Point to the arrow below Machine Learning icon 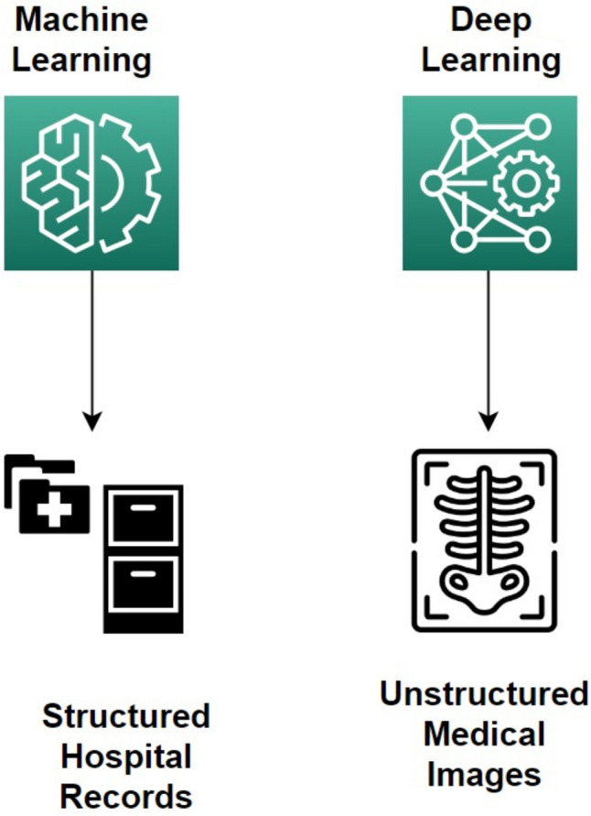tap(91, 348)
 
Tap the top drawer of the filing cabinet tap(143, 518)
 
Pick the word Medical tap(484, 734)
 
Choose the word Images tap(484, 775)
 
